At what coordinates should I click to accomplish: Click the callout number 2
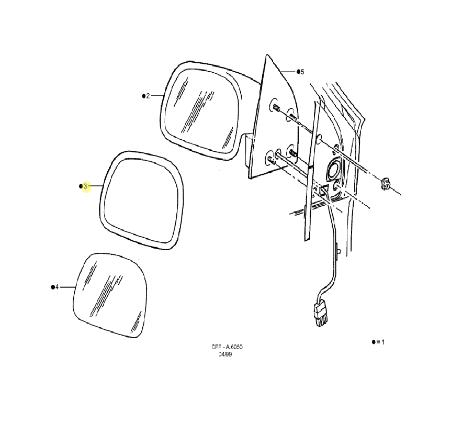148,96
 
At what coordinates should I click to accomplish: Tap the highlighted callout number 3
85,186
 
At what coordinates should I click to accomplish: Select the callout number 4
57,287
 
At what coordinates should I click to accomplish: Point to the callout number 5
302,72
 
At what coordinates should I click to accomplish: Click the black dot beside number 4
53,287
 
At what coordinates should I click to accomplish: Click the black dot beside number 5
298,71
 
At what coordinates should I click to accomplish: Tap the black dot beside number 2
144,96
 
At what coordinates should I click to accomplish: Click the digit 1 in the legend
383,342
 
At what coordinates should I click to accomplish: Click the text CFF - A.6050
227,347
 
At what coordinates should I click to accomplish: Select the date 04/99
225,354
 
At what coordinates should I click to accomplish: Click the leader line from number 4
67,287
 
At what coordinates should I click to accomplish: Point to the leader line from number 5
287,72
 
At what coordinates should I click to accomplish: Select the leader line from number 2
157,96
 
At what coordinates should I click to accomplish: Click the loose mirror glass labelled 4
110,295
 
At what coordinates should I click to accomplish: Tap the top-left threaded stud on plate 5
276,107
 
